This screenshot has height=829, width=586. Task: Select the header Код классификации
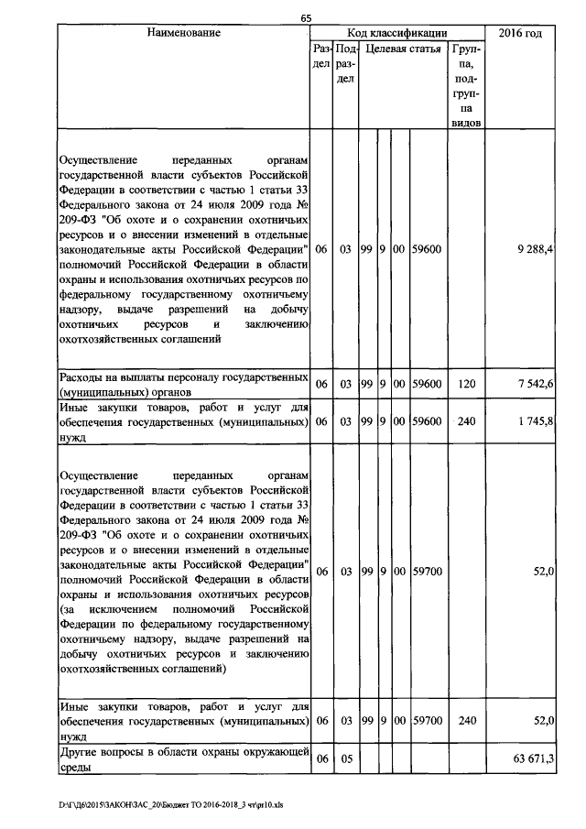tap(396, 33)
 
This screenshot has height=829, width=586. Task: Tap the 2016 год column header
tap(519, 33)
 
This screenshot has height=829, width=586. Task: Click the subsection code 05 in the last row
tap(345, 758)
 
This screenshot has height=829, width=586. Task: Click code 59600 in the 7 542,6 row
tap(428, 385)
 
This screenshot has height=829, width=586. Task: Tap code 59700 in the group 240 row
tap(428, 721)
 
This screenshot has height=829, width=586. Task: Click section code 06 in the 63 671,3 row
tap(321, 758)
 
